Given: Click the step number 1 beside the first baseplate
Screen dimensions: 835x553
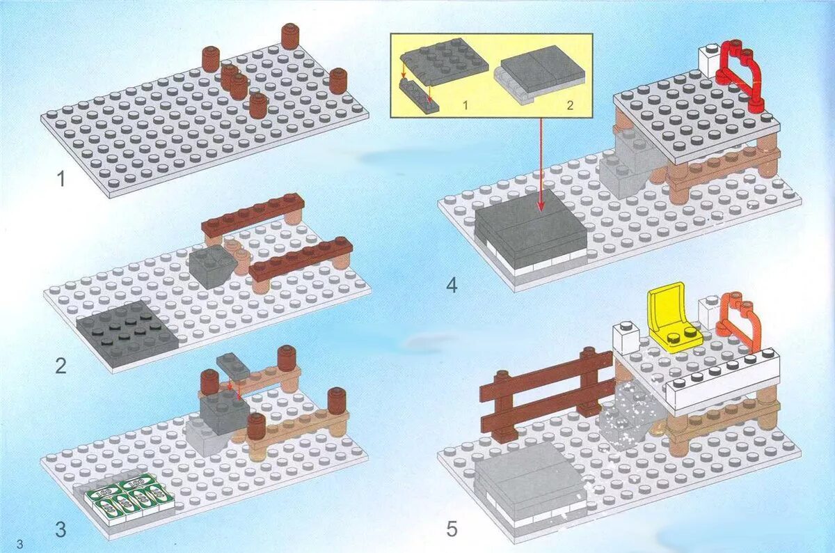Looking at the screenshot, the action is [x=61, y=180].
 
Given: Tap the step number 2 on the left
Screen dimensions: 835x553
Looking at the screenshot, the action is [x=61, y=365].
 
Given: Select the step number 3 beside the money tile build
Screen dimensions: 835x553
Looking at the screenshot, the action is [x=61, y=529].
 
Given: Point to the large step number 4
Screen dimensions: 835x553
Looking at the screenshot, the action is [x=452, y=285].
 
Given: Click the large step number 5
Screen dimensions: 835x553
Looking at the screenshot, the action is [x=452, y=529].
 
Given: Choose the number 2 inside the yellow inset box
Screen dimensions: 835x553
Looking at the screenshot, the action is [x=569, y=104].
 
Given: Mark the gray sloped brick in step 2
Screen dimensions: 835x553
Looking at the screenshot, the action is [x=212, y=265].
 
